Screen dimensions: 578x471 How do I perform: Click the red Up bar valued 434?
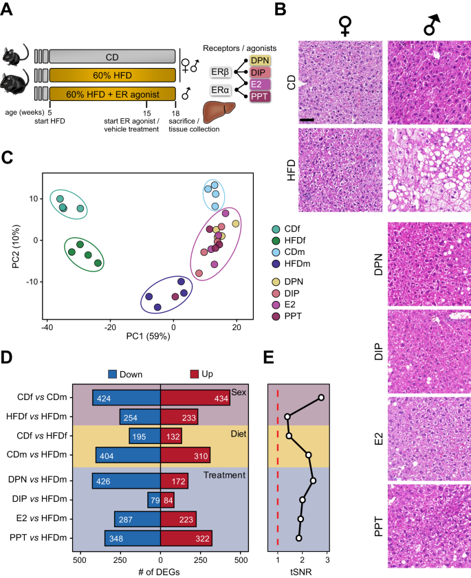click(x=195, y=399)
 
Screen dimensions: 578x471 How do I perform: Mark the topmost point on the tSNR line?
click(x=321, y=398)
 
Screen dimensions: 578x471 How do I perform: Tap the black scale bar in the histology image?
click(x=307, y=120)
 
